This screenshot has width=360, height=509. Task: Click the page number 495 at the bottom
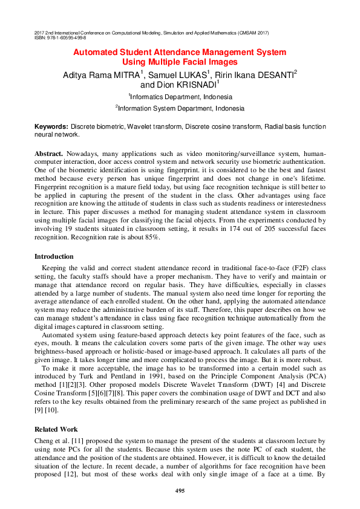(x=180, y=491)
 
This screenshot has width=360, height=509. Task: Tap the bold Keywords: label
(x=51, y=126)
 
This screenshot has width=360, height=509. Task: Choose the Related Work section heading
(x=56, y=429)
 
